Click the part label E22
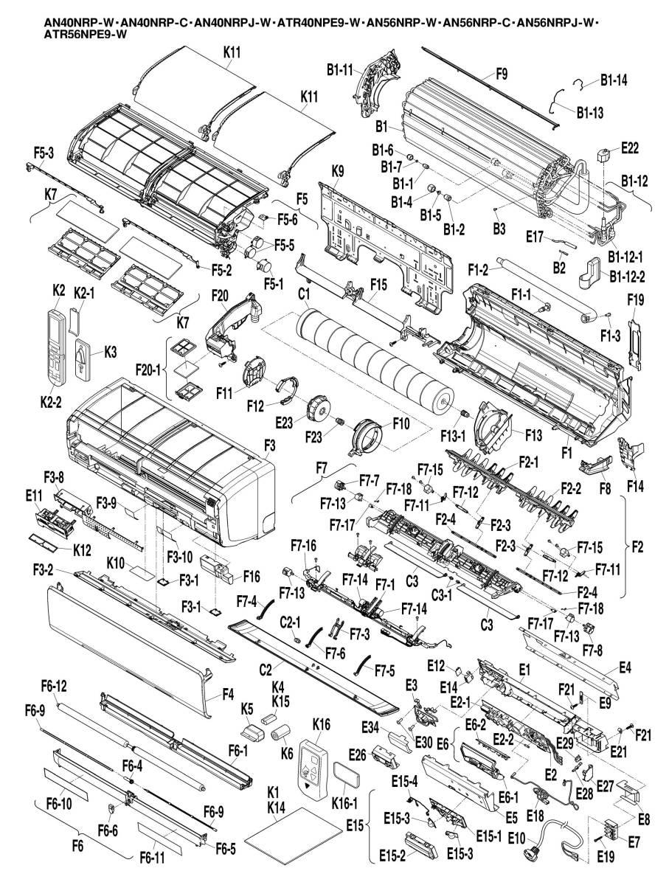click(x=630, y=147)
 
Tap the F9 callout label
click(x=502, y=74)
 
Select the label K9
click(x=338, y=170)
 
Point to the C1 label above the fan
click(x=303, y=294)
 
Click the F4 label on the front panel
click(x=229, y=693)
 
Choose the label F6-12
click(x=54, y=686)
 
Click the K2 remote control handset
click(x=55, y=344)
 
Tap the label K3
click(x=110, y=353)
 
